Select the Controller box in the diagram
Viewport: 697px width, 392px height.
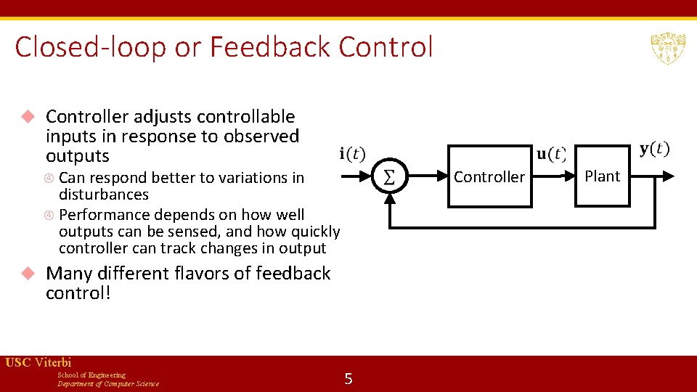pos(489,176)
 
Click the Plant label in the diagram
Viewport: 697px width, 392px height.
pos(602,176)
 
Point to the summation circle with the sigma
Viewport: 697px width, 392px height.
pos(389,177)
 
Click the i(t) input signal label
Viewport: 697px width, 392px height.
pos(353,154)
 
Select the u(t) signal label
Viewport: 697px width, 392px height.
pos(551,154)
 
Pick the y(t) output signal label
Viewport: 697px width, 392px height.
pos(654,150)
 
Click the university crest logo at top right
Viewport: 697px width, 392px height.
pos(667,48)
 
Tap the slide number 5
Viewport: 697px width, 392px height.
pos(348,378)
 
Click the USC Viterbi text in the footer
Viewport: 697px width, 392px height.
pos(38,362)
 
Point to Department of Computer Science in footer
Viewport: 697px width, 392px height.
pos(108,383)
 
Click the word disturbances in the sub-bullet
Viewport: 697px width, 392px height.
pos(103,195)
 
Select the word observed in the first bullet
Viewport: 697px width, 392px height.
pos(263,136)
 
